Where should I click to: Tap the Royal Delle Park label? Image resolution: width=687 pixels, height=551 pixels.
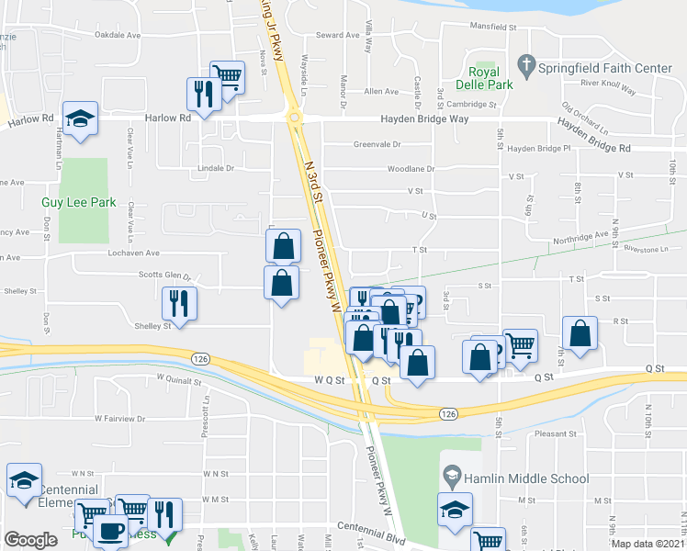click(x=484, y=78)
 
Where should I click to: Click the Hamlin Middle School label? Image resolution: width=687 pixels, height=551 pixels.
click(x=527, y=478)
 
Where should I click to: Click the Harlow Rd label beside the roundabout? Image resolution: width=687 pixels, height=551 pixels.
click(x=167, y=118)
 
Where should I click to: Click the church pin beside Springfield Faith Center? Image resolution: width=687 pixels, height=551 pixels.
click(x=526, y=65)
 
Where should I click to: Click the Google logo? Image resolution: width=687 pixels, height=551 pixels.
click(x=30, y=540)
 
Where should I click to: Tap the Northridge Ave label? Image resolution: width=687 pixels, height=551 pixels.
click(x=580, y=239)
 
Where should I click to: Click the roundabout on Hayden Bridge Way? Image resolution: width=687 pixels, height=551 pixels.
click(x=294, y=118)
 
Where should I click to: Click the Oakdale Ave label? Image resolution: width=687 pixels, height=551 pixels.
click(x=118, y=35)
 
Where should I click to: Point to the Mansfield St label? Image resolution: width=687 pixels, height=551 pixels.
click(x=494, y=28)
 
